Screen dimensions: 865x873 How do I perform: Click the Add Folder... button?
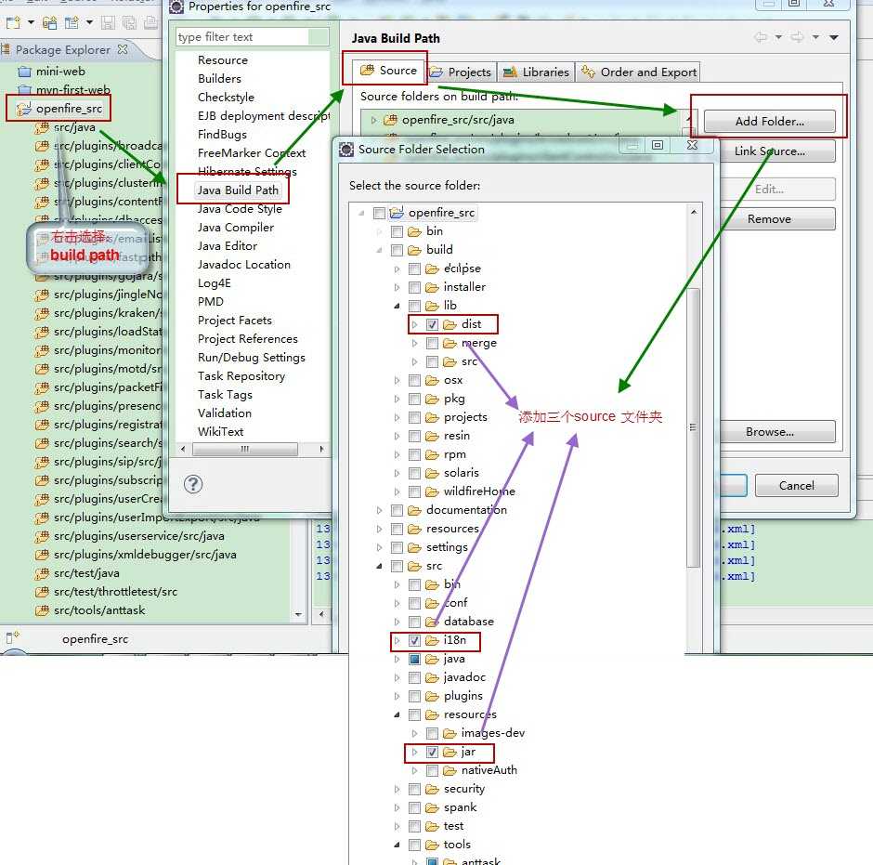[769, 122]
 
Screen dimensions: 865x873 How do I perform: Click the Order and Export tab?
[639, 72]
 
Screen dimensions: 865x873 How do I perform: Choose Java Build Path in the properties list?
[237, 190]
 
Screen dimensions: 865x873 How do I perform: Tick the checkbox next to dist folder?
[432, 324]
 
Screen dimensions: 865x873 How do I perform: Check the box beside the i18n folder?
[414, 640]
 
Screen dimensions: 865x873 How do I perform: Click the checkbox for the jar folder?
[432, 752]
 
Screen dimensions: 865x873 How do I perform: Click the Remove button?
[769, 219]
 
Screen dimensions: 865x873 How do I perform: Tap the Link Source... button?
[769, 151]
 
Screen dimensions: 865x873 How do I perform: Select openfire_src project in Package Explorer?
[69, 109]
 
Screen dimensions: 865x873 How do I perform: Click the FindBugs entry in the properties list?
[222, 135]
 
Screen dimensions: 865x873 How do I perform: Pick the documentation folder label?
[466, 510]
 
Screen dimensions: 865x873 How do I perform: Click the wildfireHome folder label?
[478, 491]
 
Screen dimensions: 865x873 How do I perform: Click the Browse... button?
[769, 432]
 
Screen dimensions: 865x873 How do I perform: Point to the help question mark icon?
[193, 484]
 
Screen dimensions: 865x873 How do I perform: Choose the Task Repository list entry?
[241, 376]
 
